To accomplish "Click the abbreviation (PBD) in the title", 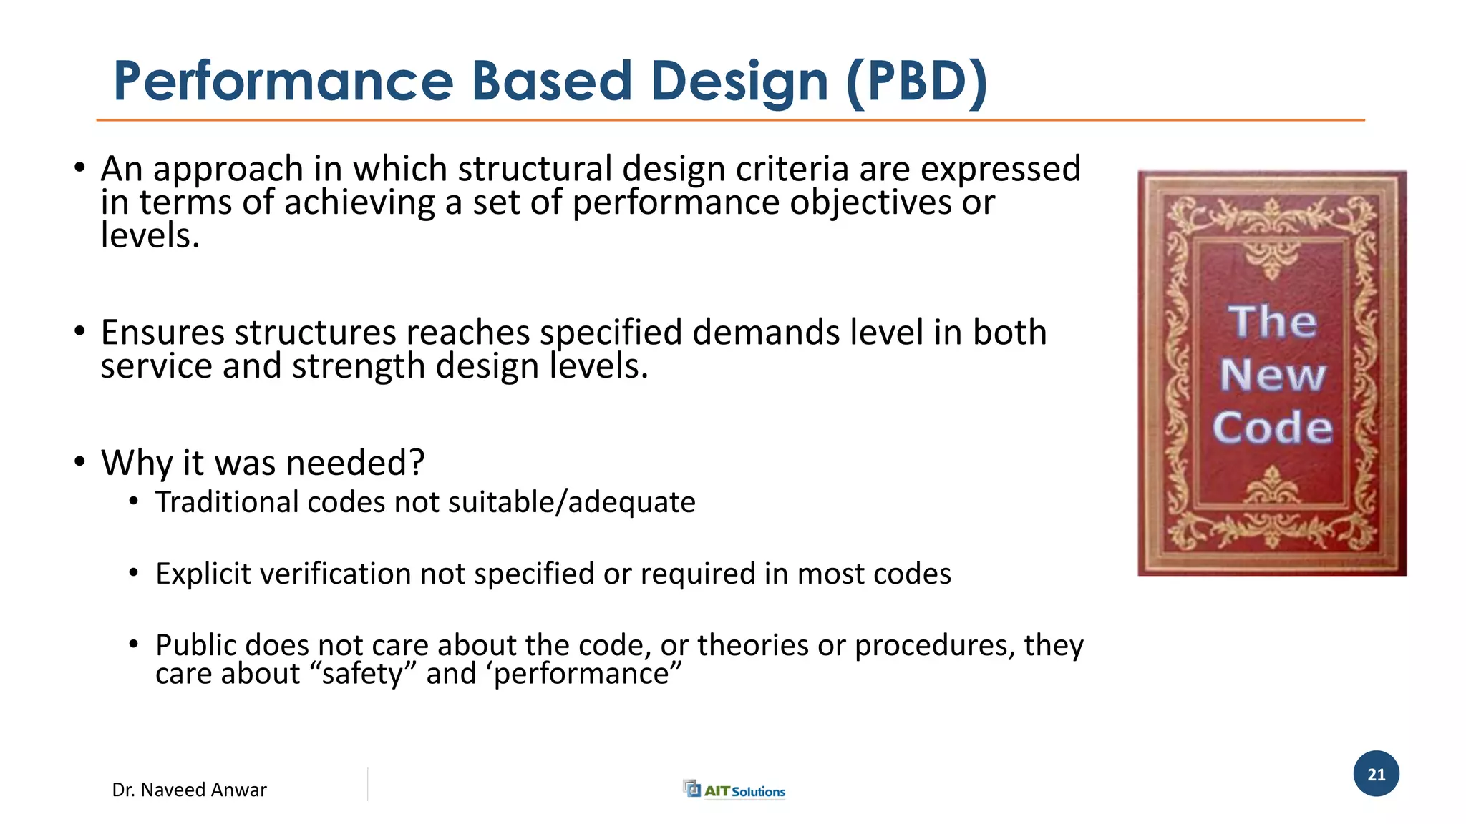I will [x=917, y=82].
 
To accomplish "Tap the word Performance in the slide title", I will [x=283, y=81].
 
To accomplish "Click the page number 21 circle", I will [x=1376, y=774].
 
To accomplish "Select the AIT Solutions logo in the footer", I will [x=734, y=790].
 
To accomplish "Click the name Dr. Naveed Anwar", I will [x=189, y=790].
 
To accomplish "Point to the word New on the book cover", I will [x=1272, y=375].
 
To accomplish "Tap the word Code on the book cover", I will [x=1272, y=428].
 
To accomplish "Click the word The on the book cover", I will [x=1272, y=322].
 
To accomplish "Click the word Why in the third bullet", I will [x=136, y=463].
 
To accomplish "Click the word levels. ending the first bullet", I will [x=149, y=236].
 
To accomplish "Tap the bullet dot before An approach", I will [x=79, y=169].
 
